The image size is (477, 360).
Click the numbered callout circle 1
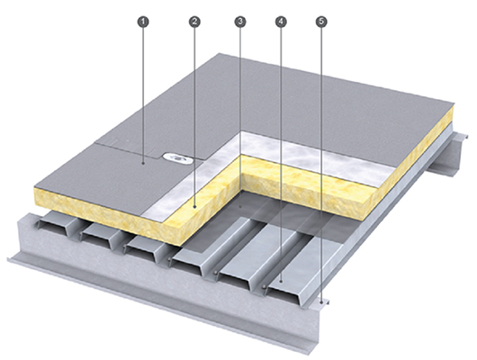coord(144,22)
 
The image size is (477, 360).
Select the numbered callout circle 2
coord(194,22)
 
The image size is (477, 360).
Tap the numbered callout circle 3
coord(240,22)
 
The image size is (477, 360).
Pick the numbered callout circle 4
coord(281,22)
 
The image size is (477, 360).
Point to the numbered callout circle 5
coord(321,22)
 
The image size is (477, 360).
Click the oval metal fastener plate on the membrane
coord(176,157)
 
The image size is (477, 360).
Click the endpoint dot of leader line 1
coord(144,164)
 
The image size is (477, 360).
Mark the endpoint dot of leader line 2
coord(194,207)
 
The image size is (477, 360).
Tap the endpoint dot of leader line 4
coord(281,282)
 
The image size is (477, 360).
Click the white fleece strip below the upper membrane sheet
coord(317,154)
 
